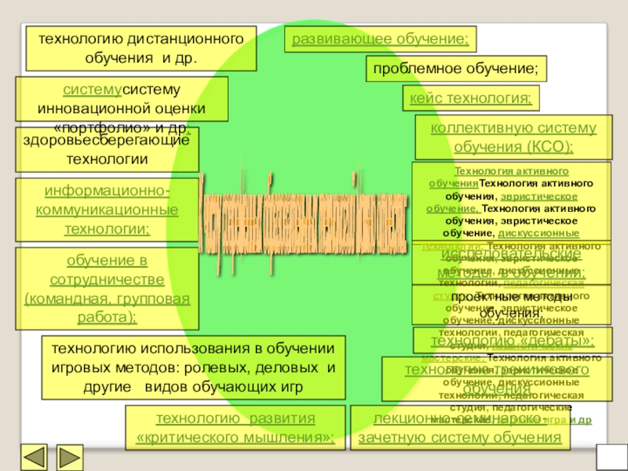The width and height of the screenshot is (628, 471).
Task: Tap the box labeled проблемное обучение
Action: pos(455,69)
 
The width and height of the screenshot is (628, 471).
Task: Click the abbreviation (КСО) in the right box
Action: pos(548,146)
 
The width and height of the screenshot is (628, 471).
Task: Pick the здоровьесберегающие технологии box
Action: pos(107,151)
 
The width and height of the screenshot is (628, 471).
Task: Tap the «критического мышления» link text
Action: pos(235,436)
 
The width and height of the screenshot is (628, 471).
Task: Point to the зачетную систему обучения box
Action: pos(460,436)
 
